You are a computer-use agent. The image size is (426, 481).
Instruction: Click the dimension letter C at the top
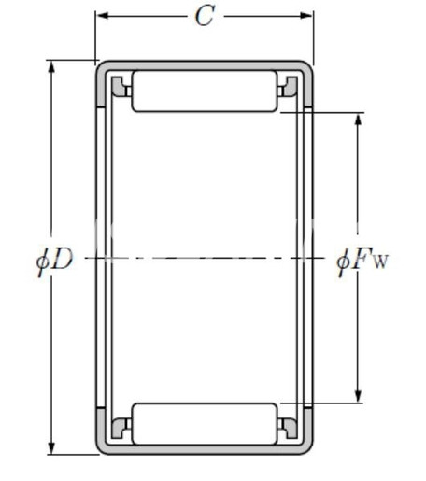pyautogui.click(x=205, y=16)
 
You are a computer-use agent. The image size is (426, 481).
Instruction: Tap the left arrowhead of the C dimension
pyautogui.click(x=102, y=15)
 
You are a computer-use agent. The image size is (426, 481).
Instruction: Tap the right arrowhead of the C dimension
pyautogui.click(x=306, y=15)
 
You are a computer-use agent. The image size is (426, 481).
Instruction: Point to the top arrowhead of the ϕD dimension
pyautogui.click(x=51, y=66)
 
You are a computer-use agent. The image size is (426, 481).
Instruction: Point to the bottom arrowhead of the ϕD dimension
pyautogui.click(x=51, y=448)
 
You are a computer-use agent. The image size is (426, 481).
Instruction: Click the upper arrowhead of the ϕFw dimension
pyautogui.click(x=358, y=120)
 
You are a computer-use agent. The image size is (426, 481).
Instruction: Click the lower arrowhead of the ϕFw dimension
pyautogui.click(x=358, y=396)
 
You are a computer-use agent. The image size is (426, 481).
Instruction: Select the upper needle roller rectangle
pyautogui.click(x=205, y=92)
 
